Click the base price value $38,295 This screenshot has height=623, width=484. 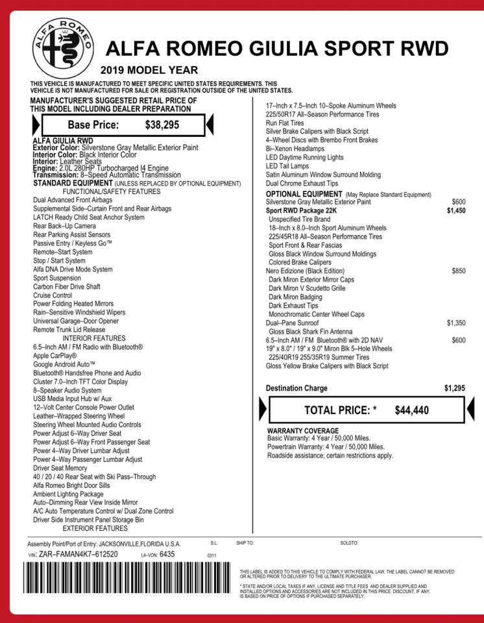click(162, 124)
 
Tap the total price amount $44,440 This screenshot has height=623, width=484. click(411, 410)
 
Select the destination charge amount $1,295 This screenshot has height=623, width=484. click(454, 388)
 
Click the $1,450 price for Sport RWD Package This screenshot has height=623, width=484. click(456, 211)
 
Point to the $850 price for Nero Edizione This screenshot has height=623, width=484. click(458, 271)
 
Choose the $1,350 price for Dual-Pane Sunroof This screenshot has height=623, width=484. click(455, 323)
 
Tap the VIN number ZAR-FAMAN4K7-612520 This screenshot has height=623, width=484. click(79, 555)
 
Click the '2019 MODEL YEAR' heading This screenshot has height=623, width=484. click(149, 70)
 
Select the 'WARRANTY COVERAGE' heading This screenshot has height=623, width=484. click(302, 431)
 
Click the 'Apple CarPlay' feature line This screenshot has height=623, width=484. click(55, 356)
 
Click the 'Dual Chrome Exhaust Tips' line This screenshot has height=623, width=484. click(302, 184)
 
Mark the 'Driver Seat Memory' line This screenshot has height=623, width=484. click(60, 468)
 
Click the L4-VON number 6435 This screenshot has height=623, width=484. click(167, 555)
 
